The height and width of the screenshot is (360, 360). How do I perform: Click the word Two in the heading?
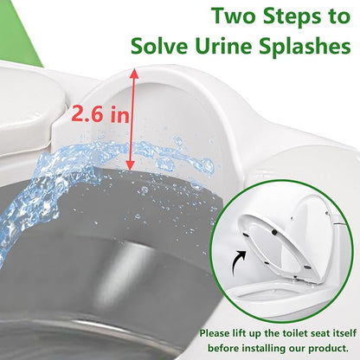point(234,16)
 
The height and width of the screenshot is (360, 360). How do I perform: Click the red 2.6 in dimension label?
point(100,114)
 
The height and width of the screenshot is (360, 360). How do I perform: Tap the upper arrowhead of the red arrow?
point(134,74)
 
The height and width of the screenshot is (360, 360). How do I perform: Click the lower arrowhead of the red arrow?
point(131,165)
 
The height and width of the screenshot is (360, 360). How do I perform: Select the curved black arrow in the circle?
point(238,261)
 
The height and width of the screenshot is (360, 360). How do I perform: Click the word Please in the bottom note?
point(215,334)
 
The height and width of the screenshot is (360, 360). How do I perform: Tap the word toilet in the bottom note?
point(293,333)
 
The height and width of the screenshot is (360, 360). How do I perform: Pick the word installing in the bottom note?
point(263,349)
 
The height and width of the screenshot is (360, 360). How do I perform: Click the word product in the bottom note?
point(328,349)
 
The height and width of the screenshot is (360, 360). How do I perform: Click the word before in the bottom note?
point(223,348)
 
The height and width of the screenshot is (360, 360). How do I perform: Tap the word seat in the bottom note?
point(318,334)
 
